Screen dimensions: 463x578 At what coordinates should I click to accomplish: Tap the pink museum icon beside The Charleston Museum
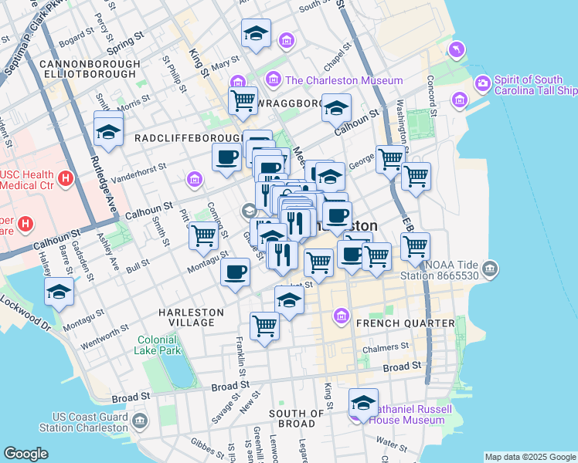[273, 79]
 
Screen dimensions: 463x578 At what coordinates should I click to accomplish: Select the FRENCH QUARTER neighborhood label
[405, 323]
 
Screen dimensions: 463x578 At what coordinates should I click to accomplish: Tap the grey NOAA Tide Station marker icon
[489, 269]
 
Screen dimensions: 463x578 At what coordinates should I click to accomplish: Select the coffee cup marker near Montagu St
[235, 271]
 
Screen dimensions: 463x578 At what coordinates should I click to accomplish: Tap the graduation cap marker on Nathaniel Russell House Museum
[363, 402]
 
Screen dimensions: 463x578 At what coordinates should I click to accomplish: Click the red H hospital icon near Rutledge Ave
[66, 178]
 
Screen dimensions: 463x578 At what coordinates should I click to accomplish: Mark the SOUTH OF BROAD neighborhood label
[291, 418]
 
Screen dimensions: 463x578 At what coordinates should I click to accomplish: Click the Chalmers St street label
[393, 347]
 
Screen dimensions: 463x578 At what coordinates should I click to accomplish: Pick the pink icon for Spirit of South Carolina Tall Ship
[483, 82]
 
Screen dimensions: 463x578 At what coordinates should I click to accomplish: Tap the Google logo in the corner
[25, 454]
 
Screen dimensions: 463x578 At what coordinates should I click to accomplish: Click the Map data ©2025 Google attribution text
[530, 457]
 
